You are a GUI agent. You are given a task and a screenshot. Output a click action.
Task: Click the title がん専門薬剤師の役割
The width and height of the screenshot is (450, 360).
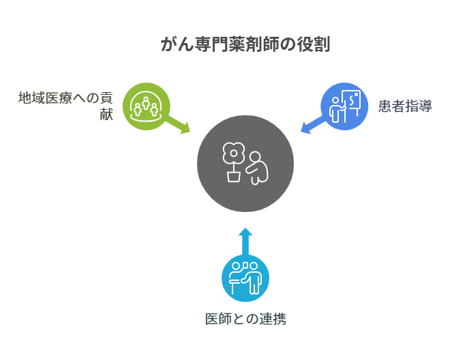click(x=245, y=44)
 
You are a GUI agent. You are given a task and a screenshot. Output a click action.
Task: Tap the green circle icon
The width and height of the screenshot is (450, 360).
click(x=147, y=106)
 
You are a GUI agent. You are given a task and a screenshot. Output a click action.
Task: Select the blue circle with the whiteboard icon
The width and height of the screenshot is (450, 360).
click(x=344, y=106)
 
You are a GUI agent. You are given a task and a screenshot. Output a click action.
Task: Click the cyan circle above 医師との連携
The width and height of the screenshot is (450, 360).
click(x=245, y=278)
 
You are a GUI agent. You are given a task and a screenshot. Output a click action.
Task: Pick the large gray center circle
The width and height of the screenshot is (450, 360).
click(x=245, y=164)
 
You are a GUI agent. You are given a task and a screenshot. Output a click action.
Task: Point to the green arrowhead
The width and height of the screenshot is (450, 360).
click(x=185, y=128)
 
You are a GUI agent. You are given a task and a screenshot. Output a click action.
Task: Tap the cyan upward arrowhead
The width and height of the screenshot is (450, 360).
click(x=245, y=232)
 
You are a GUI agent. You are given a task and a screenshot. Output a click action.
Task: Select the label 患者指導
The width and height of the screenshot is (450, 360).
click(x=405, y=106)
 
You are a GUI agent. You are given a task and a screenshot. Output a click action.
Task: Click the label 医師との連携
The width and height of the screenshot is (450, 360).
click(x=245, y=319)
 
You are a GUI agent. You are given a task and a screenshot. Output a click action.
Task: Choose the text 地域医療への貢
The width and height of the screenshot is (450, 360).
click(x=65, y=98)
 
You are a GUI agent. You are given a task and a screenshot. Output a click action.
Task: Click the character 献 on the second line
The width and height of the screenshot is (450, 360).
click(x=106, y=114)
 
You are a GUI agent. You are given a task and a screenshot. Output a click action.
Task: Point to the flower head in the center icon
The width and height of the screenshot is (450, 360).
click(x=234, y=153)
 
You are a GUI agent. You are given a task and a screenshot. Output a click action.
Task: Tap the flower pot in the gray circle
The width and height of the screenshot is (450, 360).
click(x=234, y=177)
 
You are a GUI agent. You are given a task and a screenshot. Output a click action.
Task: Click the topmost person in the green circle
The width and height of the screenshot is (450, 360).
click(x=146, y=103)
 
